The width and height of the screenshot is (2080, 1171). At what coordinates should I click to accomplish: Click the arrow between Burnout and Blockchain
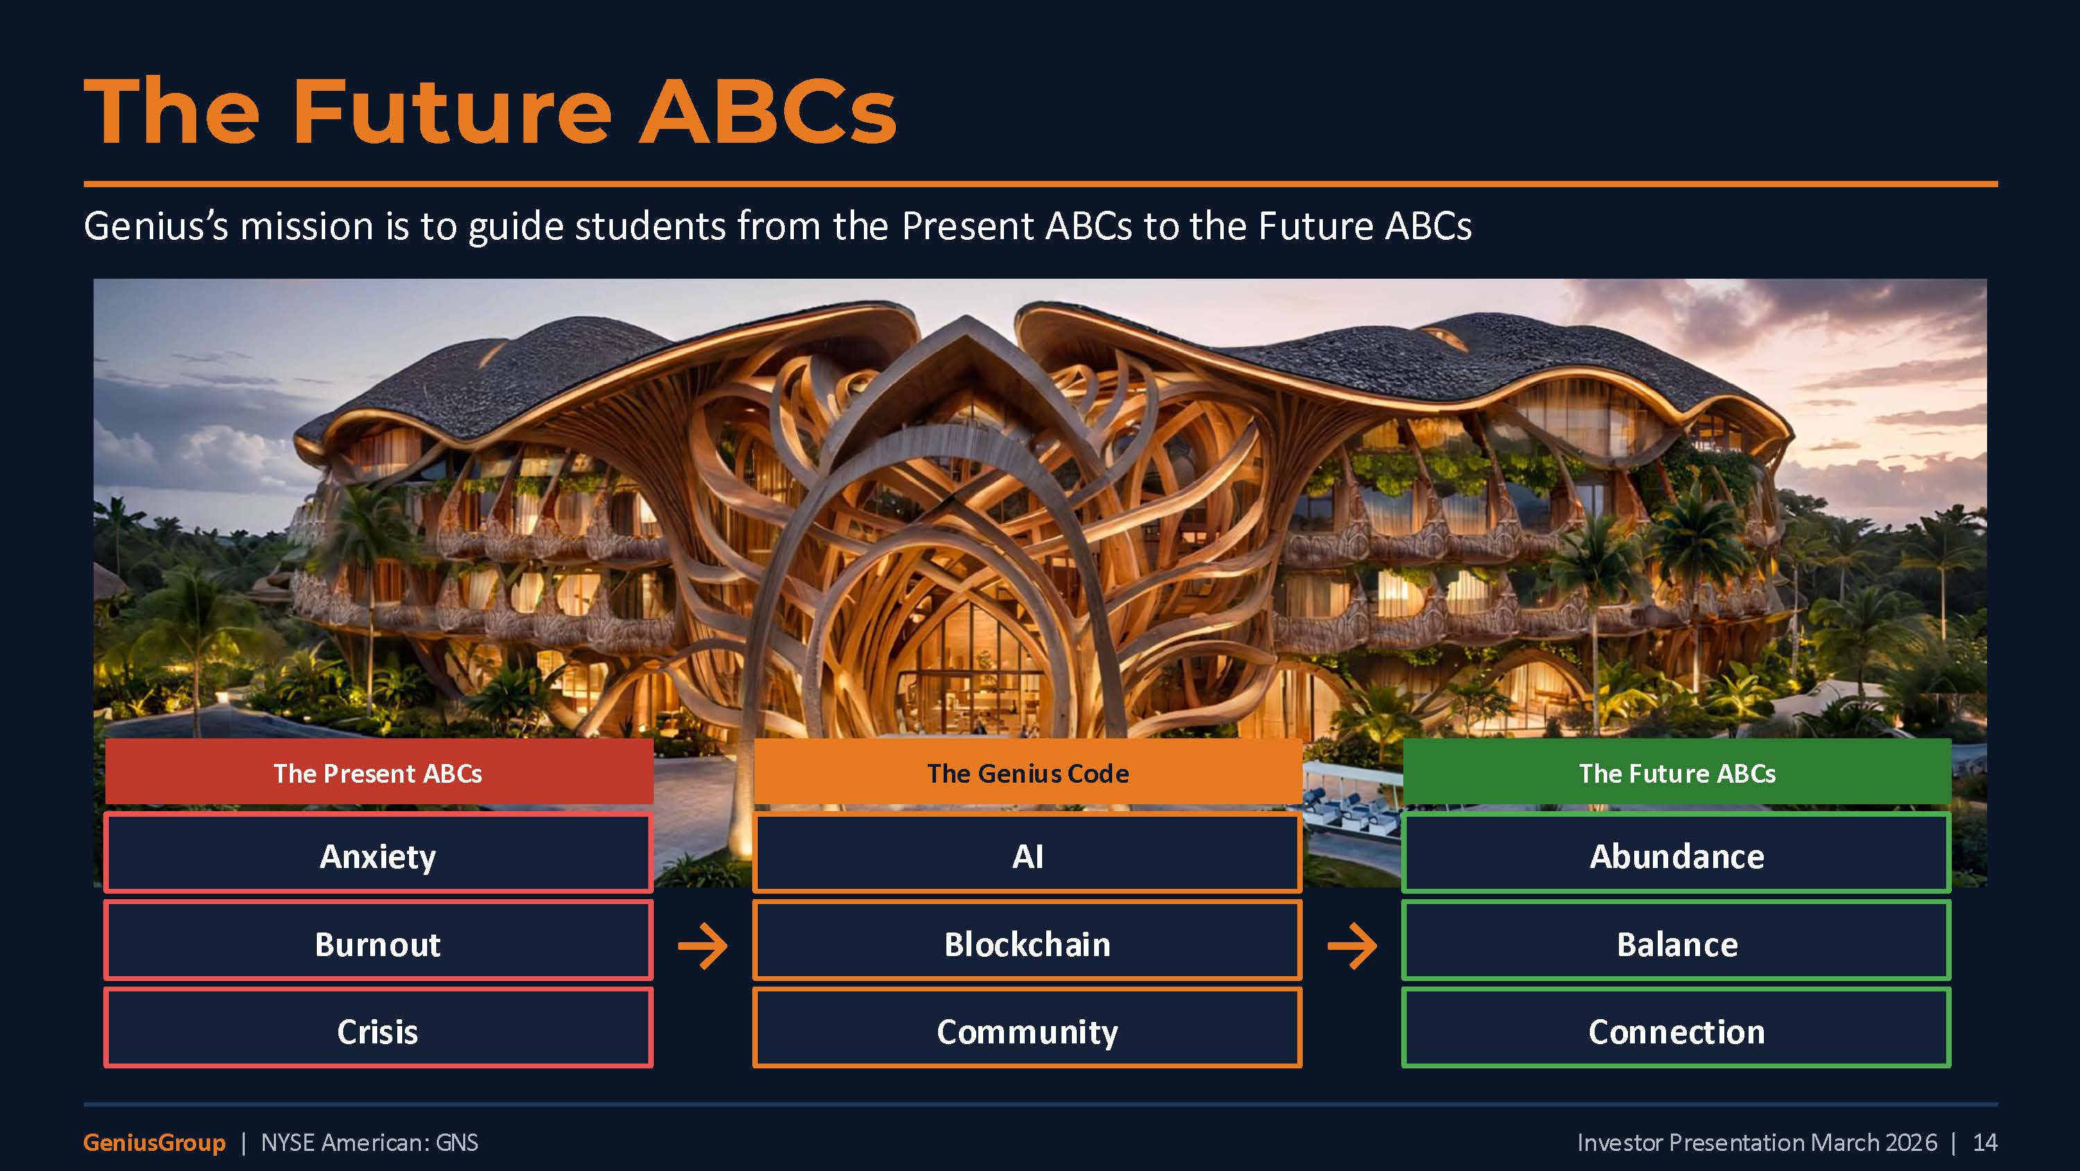[702, 945]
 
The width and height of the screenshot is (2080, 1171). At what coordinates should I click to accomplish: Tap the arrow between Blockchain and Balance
[1353, 945]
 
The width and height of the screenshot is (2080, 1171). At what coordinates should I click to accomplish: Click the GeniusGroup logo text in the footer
[154, 1143]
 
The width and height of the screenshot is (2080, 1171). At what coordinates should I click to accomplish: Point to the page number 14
[1985, 1143]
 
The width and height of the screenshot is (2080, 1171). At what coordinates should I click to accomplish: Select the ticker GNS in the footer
[456, 1143]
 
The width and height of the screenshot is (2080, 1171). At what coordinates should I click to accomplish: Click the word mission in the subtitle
[306, 226]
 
